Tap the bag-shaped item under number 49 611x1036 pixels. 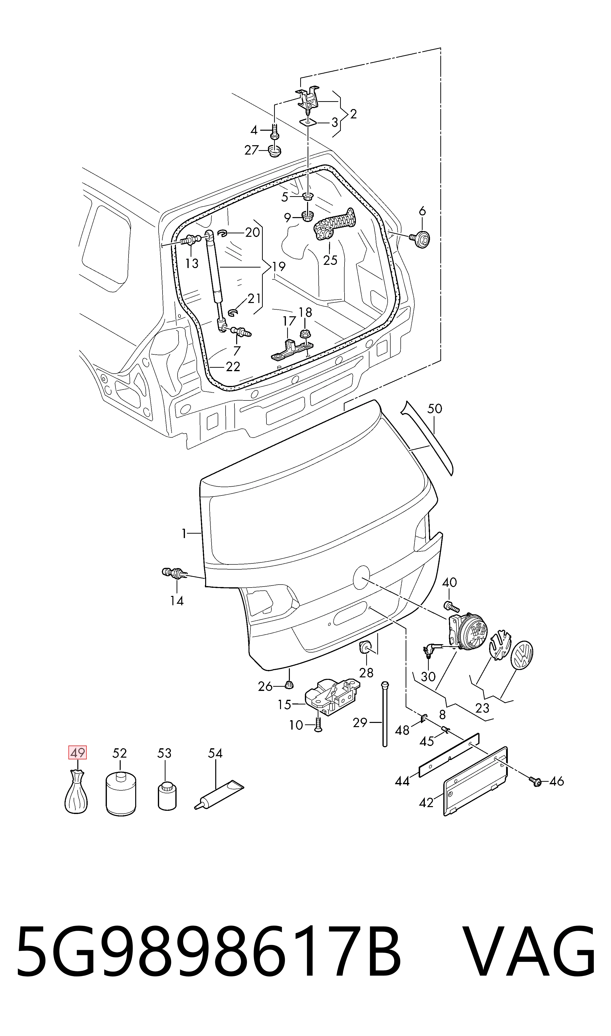click(x=77, y=792)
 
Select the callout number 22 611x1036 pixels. click(x=233, y=366)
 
